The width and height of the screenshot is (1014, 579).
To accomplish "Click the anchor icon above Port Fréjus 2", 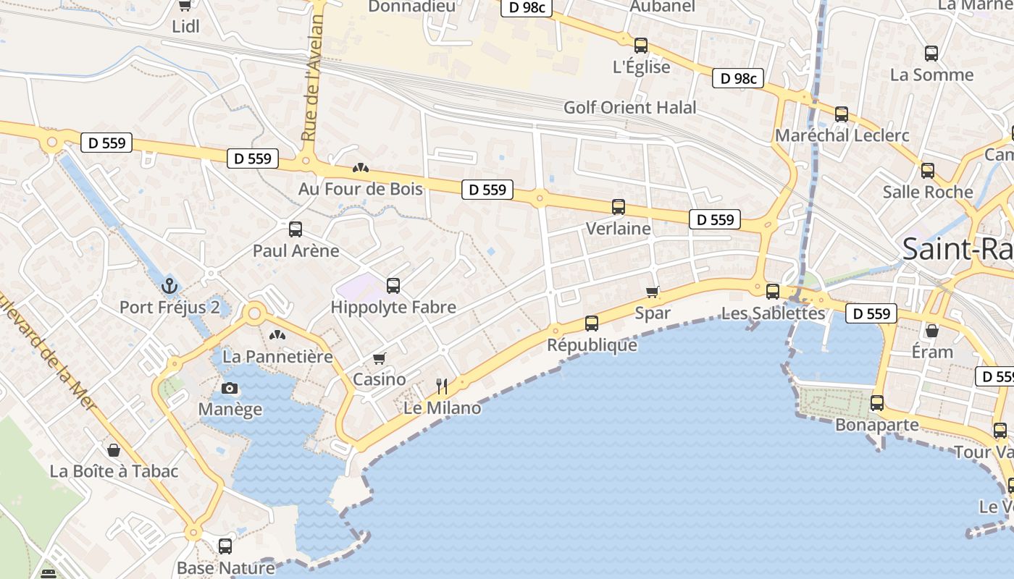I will (x=169, y=285).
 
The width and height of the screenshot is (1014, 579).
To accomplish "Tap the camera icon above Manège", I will (x=230, y=388).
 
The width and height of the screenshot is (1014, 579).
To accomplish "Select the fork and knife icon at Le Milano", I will (x=442, y=386).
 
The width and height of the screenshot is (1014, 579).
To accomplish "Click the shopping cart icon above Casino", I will (x=379, y=358).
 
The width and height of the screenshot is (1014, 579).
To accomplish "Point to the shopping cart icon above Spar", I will (x=653, y=292).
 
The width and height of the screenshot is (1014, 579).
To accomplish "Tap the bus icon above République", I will (x=592, y=323).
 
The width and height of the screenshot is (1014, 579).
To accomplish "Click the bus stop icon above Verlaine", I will (x=619, y=207).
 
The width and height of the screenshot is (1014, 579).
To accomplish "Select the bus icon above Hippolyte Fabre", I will (x=393, y=285).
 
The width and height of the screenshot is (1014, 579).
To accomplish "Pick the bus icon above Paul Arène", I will (x=296, y=229).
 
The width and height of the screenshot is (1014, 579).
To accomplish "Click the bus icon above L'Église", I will (x=641, y=46).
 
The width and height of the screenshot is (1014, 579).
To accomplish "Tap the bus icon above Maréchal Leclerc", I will (x=842, y=114).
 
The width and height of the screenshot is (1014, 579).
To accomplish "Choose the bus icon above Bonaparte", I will (x=877, y=403).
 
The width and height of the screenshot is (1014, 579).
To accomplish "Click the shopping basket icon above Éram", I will (x=932, y=331).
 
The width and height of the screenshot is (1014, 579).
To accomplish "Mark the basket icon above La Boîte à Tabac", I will (x=114, y=450).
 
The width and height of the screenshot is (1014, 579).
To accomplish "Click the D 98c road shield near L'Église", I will (x=739, y=78).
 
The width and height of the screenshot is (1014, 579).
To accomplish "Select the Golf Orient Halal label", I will (x=630, y=108).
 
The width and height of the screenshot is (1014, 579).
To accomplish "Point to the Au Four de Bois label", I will (x=361, y=189).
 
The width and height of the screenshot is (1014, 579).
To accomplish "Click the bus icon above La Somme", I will (x=931, y=53).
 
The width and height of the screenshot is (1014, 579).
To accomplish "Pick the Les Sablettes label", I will (x=774, y=313).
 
